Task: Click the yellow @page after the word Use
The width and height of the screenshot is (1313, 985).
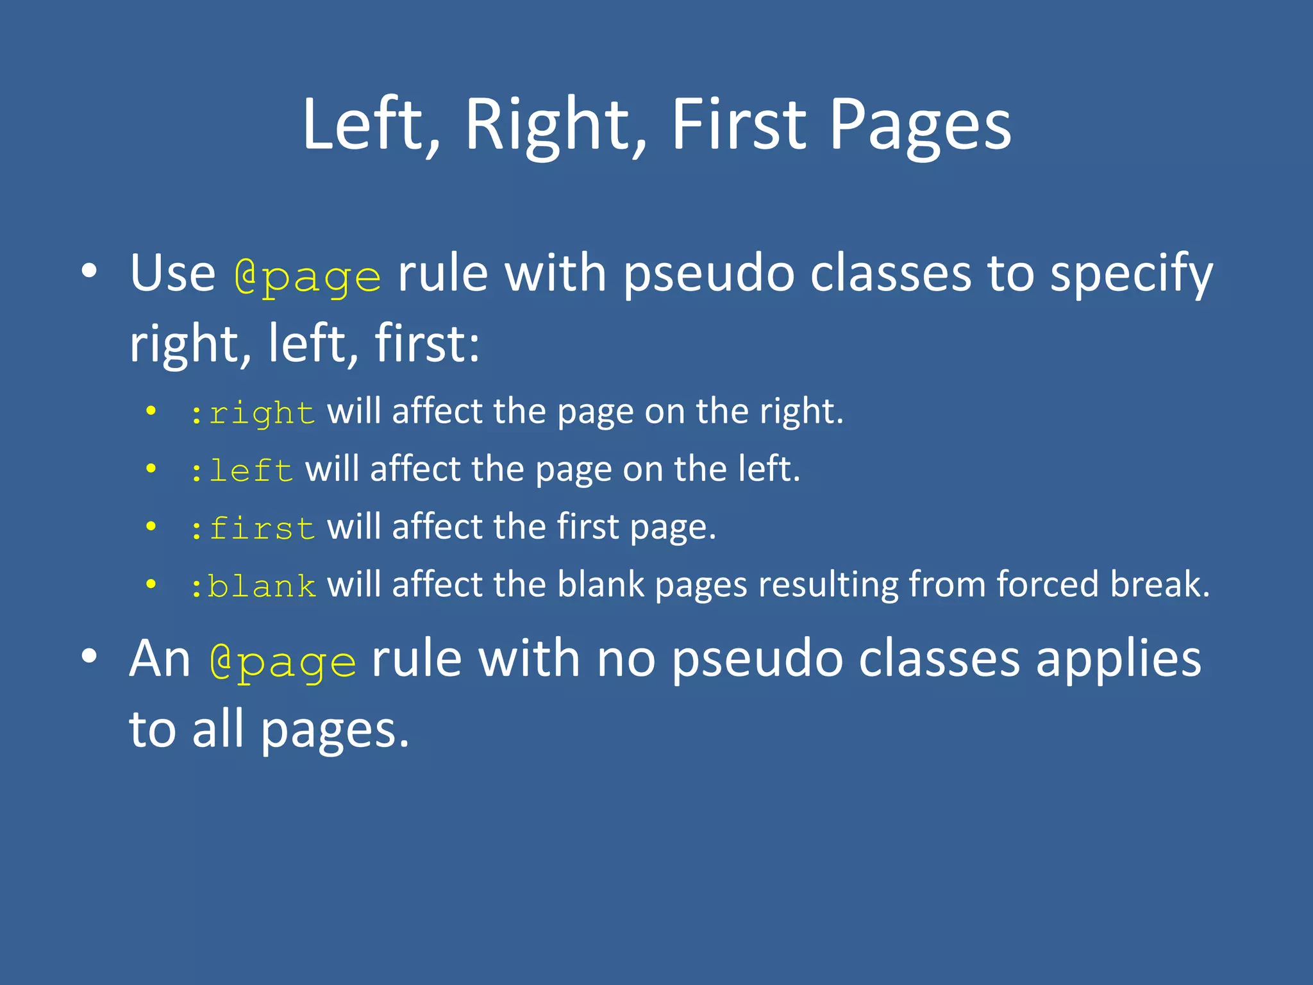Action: pos(308,276)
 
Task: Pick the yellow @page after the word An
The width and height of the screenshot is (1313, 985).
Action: pos(283,661)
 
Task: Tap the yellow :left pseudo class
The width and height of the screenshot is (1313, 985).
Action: pos(242,470)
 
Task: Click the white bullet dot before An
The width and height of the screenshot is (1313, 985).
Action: pos(89,656)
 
